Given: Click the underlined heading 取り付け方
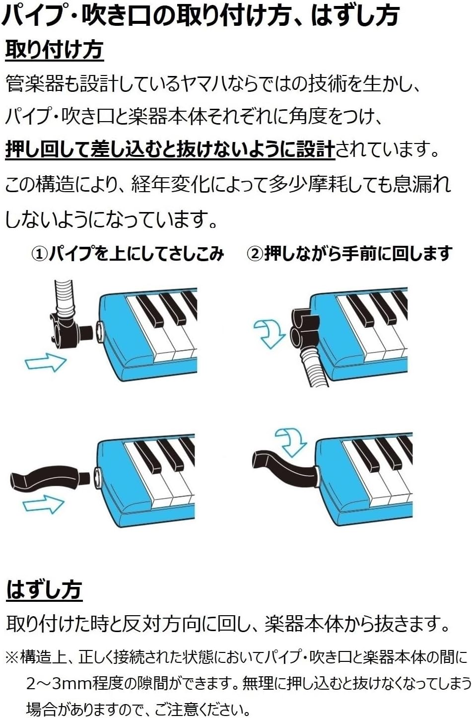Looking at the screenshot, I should (x=54, y=50).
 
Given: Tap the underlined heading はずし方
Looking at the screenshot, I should (x=44, y=590).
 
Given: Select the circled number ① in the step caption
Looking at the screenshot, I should (x=40, y=254).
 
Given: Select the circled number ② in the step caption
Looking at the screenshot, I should (x=255, y=254).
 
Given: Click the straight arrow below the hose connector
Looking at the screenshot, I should (x=45, y=362).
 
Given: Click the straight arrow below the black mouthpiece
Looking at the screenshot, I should (x=44, y=505).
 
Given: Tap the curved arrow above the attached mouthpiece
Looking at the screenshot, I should (x=291, y=440).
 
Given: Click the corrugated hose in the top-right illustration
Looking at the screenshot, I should (x=310, y=365).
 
